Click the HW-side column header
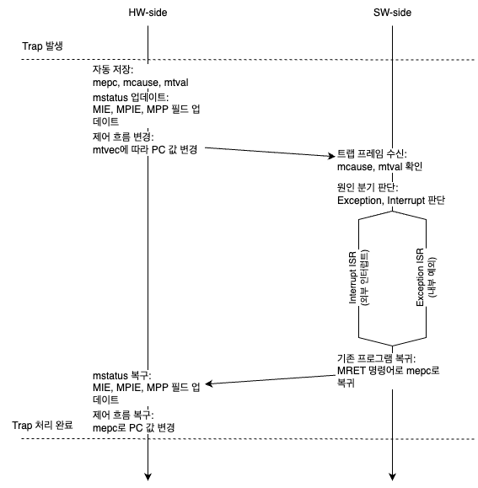(x=148, y=13)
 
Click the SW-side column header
(x=392, y=13)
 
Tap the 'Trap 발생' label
(x=43, y=46)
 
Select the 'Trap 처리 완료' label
(x=42, y=425)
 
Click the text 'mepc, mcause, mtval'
(x=140, y=83)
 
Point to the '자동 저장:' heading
(x=113, y=69)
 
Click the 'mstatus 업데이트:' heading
(x=131, y=98)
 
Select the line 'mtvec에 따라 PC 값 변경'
(x=145, y=150)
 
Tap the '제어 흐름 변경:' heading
(x=123, y=137)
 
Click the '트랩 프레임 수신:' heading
(x=372, y=153)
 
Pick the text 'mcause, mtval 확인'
(x=379, y=167)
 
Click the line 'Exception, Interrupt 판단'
(x=391, y=201)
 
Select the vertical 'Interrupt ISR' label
(x=352, y=278)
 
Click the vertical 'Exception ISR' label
(x=420, y=277)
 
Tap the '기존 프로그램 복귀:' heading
(x=376, y=358)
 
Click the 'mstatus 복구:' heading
(x=122, y=376)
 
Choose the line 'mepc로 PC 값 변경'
(x=134, y=428)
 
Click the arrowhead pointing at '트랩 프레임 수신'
(x=332, y=156)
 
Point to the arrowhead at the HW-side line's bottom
(x=148, y=477)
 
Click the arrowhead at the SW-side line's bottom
(x=392, y=477)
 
